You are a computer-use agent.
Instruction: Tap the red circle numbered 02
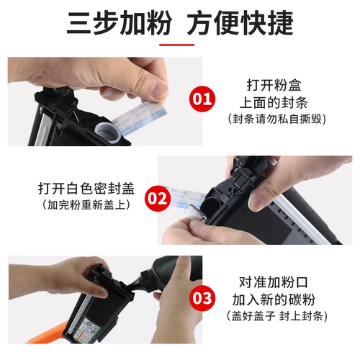(155, 196)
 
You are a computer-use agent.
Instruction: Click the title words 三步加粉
(119, 24)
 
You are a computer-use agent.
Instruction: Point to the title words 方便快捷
(240, 24)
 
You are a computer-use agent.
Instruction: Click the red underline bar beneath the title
(180, 44)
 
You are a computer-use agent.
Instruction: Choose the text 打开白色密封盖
(79, 189)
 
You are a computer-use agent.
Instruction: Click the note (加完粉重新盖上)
(79, 205)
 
